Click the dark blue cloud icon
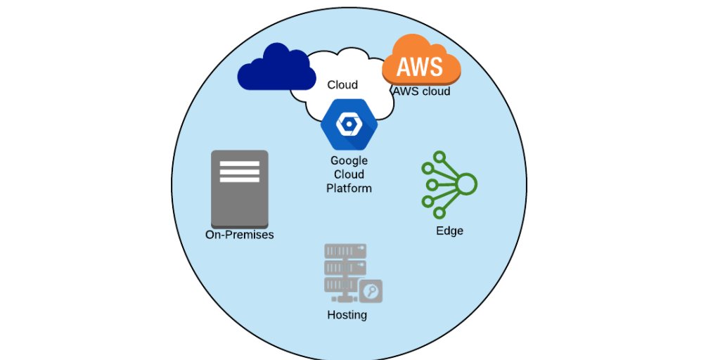point(274,68)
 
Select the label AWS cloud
point(421,91)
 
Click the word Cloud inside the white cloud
point(342,85)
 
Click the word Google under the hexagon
point(349,160)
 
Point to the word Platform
point(349,188)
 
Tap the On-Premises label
point(239,235)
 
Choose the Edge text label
point(449,231)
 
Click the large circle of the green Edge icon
point(466,185)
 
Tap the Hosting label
point(347,315)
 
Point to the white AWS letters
point(420,67)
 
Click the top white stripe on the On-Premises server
point(240,164)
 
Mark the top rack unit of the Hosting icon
point(345,251)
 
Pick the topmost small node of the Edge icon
point(439,156)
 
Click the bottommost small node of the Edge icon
point(439,213)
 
